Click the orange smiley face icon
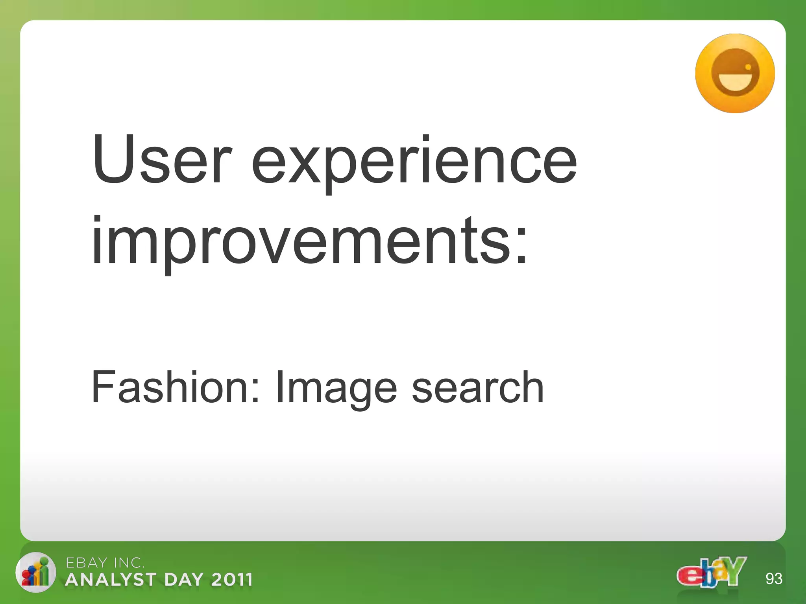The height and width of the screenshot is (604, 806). pos(735,74)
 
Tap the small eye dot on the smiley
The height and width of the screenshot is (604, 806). pos(748,67)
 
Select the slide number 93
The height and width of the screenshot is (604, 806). pos(774,579)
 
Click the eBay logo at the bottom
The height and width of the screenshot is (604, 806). pos(712,572)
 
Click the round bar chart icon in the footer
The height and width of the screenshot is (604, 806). pos(35,573)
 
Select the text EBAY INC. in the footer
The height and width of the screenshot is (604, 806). pos(105,563)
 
